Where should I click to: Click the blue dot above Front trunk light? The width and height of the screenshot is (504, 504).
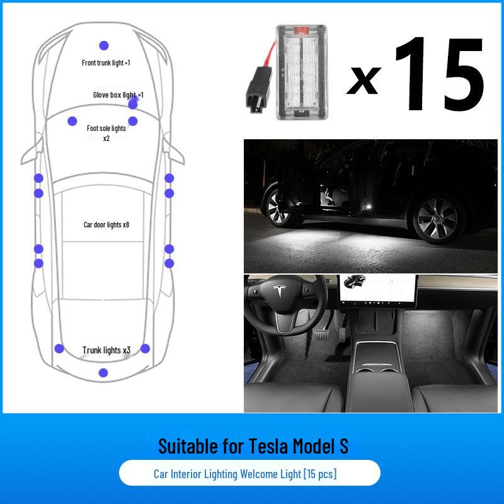pyautogui.click(x=104, y=45)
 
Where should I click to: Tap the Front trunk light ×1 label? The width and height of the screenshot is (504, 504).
pyautogui.click(x=106, y=63)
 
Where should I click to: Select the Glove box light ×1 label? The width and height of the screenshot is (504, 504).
pyautogui.click(x=118, y=95)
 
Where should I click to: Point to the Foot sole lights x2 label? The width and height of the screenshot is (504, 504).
pyautogui.click(x=106, y=132)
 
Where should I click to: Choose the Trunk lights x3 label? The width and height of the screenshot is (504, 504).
pyautogui.click(x=106, y=350)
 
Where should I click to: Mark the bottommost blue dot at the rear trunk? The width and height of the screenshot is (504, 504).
pyautogui.click(x=103, y=372)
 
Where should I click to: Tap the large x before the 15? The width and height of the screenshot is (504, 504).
pyautogui.click(x=364, y=81)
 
